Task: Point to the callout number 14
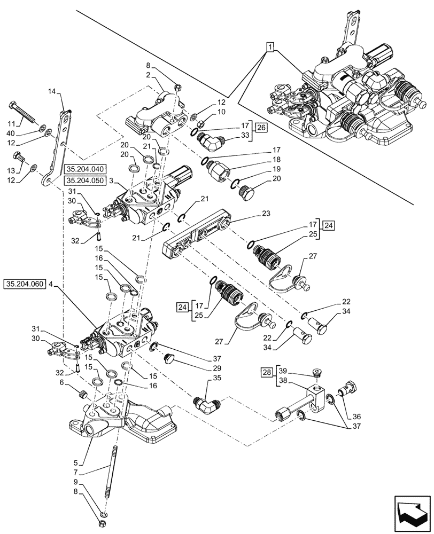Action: (x=51, y=92)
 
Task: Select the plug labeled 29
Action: (x=171, y=358)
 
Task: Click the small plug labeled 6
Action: (x=83, y=395)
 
